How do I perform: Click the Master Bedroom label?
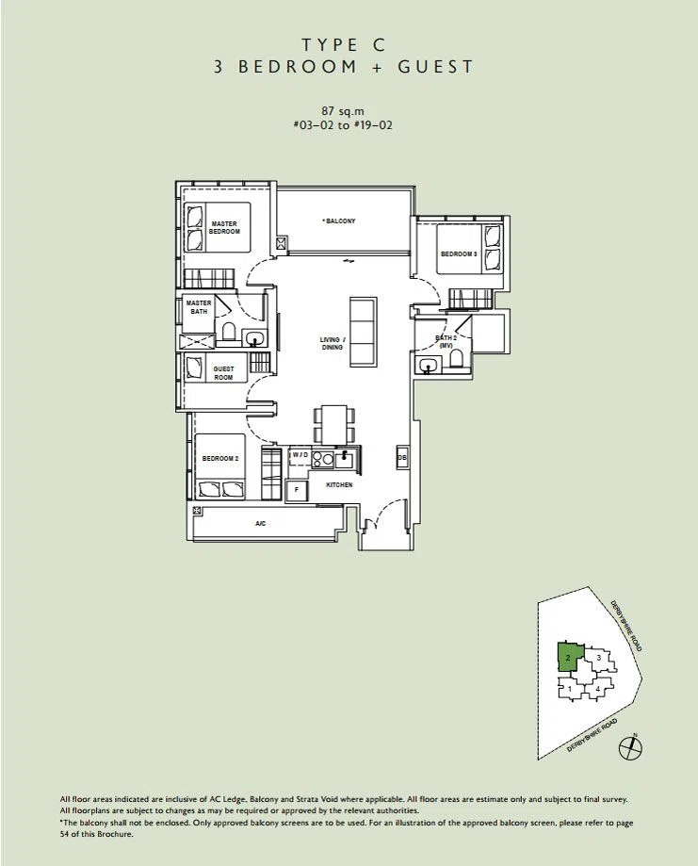point(224,227)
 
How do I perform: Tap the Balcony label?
point(340,221)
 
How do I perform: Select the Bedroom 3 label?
point(459,254)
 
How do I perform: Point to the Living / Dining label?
point(332,343)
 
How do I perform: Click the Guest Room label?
point(223,373)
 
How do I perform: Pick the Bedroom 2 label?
point(219,458)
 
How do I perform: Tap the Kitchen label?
point(339,484)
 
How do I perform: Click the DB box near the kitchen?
point(402,457)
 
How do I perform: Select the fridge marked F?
point(297,489)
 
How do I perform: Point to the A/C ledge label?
point(260,523)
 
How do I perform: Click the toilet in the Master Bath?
point(229,333)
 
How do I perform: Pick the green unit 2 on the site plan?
point(569,657)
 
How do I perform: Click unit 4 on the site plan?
point(597,689)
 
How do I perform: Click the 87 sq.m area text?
point(343,111)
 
